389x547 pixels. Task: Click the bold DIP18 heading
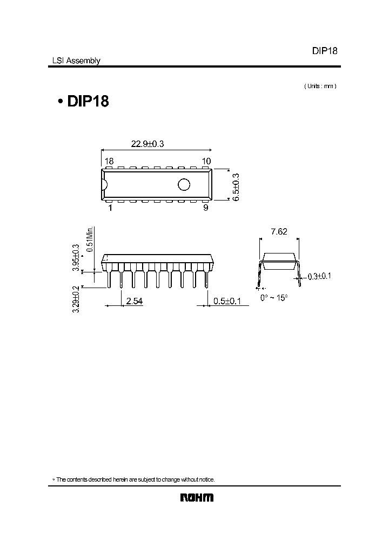88,101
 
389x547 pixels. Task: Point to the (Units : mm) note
320,86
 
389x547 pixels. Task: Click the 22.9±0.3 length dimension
147,144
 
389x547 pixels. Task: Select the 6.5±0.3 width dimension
236,187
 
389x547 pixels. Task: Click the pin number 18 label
109,161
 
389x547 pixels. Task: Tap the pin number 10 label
206,161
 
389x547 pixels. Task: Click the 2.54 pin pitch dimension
134,301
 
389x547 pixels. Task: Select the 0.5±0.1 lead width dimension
227,301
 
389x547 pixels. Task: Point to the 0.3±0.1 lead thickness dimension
319,276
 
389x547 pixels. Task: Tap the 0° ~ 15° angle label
274,298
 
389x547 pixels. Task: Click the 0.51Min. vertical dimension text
92,238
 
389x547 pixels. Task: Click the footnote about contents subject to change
136,479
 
